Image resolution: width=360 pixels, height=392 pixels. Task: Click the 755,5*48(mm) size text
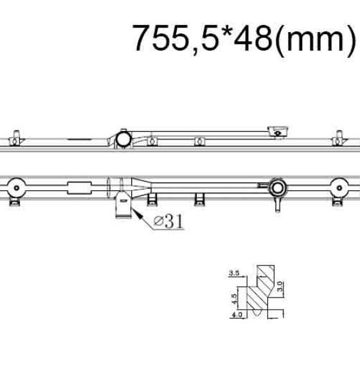click(x=244, y=39)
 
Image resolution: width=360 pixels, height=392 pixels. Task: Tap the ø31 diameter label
click(x=168, y=221)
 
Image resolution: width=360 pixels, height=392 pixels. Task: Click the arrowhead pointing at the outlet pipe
click(x=136, y=213)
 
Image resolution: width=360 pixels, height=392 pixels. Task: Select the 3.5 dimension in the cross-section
click(x=234, y=273)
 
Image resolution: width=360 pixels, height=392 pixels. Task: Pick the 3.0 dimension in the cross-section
click(x=280, y=286)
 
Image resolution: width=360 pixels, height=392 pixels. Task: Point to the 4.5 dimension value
click(x=234, y=299)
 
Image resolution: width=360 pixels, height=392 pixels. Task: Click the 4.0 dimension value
click(x=237, y=314)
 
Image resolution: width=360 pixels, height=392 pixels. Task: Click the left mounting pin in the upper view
click(x=16, y=138)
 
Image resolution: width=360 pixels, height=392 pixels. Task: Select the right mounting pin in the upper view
click(x=339, y=138)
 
